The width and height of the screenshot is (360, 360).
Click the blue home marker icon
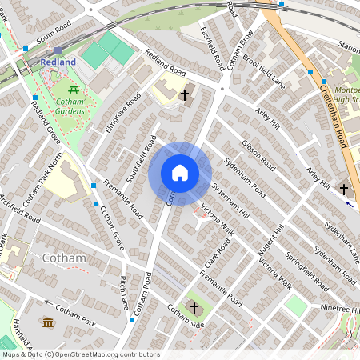[180, 173]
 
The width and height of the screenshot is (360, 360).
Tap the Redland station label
[58, 62]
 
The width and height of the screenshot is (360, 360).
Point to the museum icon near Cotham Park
[47, 322]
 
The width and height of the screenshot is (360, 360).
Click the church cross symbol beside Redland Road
[185, 95]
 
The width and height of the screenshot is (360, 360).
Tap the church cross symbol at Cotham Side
[194, 308]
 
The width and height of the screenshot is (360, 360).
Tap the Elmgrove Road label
[122, 112]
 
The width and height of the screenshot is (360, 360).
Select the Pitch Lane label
[123, 294]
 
